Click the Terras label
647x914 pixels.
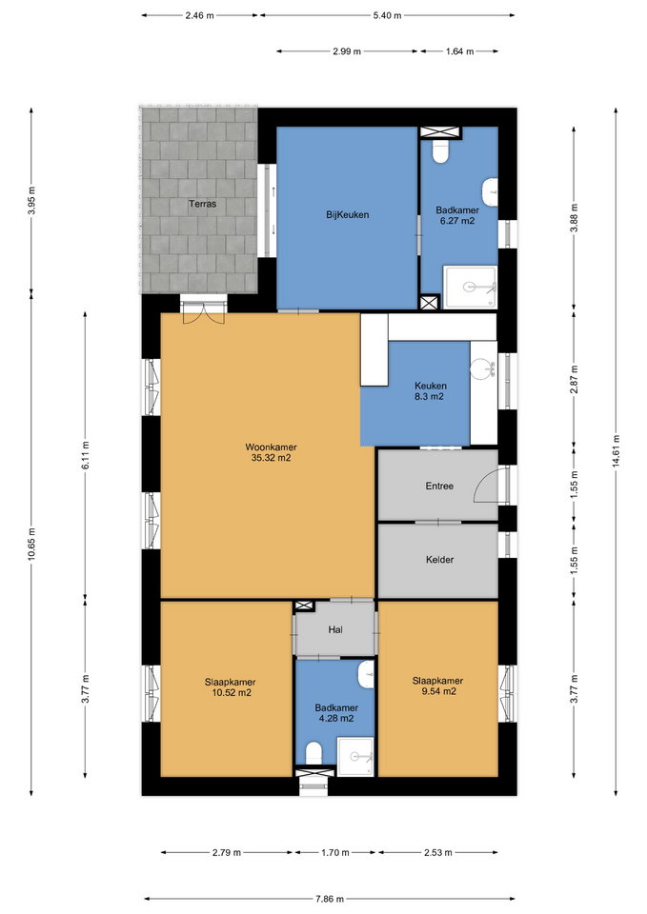click(202, 204)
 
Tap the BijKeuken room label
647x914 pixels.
click(347, 214)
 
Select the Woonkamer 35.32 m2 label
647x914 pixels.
click(271, 452)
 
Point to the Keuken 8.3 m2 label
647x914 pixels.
click(431, 391)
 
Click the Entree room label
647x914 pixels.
click(439, 486)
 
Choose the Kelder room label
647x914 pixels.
click(439, 560)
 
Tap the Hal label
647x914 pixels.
click(334, 629)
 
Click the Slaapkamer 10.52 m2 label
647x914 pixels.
click(230, 687)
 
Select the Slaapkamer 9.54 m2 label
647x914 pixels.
click(437, 686)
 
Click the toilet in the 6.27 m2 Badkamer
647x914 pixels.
click(440, 151)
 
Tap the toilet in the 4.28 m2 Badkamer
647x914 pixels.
click(313, 752)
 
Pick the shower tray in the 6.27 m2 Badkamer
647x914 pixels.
click(470, 287)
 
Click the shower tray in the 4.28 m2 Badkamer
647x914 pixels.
click(355, 757)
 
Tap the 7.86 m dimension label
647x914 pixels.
click(329, 899)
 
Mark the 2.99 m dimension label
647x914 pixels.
click(347, 51)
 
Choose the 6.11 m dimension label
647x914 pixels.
click(85, 455)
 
